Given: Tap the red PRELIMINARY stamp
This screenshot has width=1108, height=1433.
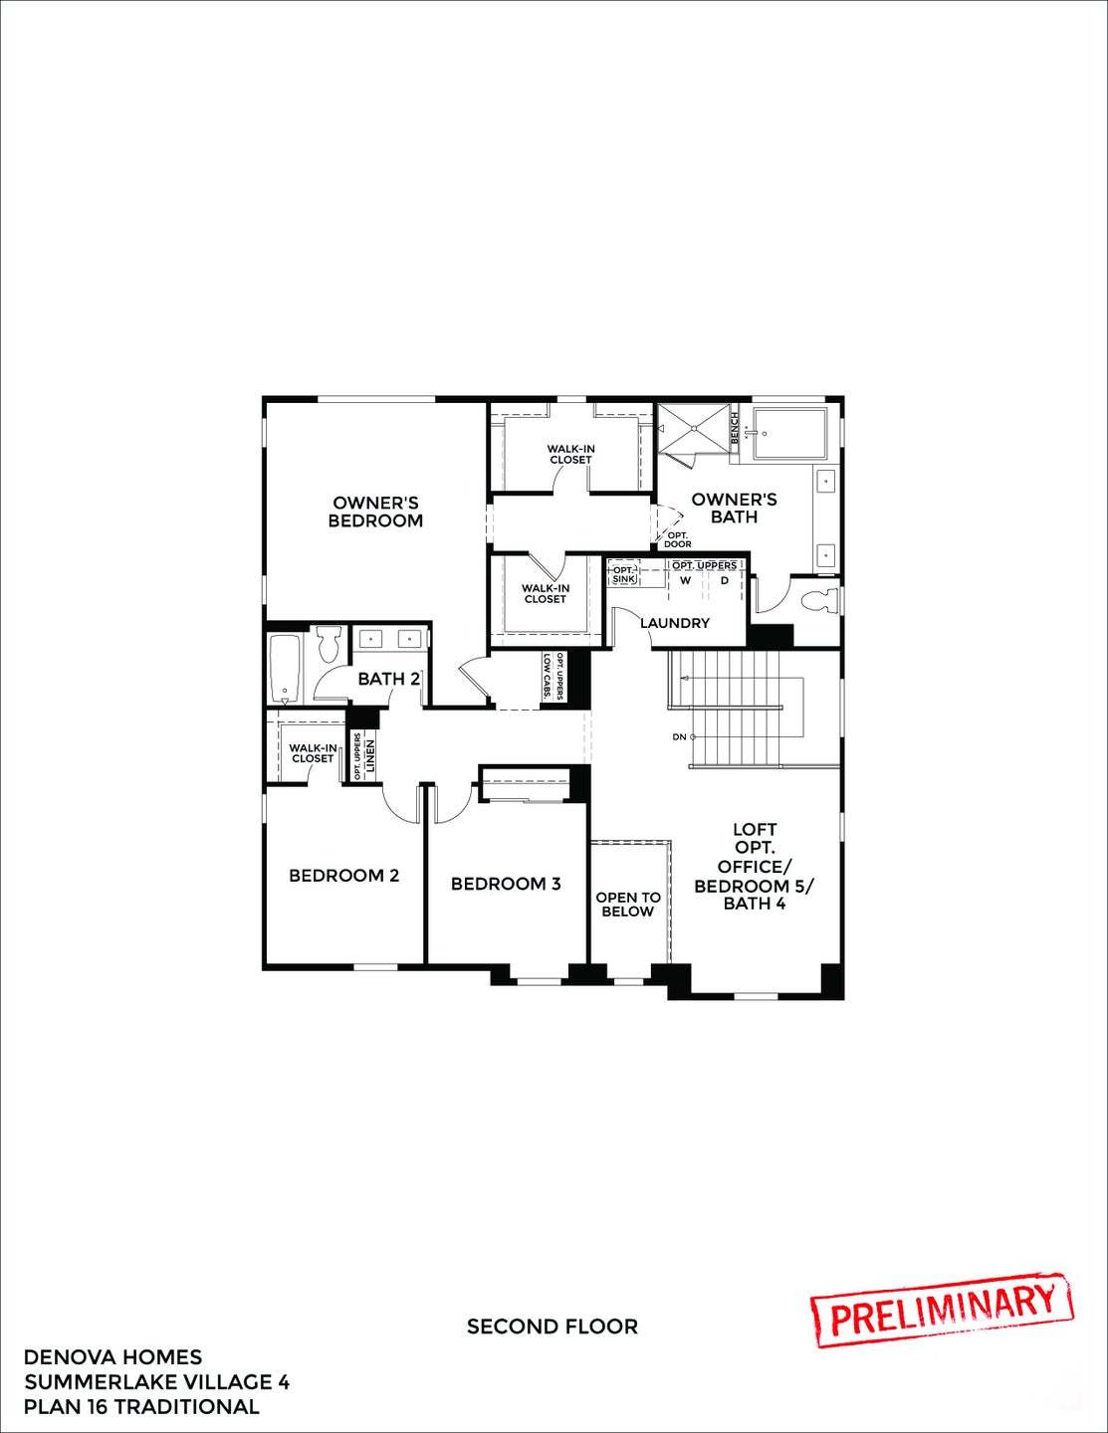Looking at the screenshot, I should tap(942, 1309).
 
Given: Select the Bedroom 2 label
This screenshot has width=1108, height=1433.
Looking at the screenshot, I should tap(343, 876).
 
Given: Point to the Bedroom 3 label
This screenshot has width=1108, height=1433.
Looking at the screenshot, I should tap(506, 884).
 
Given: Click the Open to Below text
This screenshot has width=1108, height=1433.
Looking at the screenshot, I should tap(628, 905).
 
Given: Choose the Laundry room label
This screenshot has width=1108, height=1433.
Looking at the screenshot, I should tap(675, 623).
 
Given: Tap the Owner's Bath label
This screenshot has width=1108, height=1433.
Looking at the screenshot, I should tap(734, 508).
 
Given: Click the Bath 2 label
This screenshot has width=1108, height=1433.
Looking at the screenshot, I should tap(388, 679).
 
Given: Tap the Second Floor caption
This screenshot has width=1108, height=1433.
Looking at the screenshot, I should tap(553, 1327).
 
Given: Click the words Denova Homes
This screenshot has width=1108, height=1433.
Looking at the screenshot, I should tap(112, 1357).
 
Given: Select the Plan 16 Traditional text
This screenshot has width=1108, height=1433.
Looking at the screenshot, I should tap(141, 1407).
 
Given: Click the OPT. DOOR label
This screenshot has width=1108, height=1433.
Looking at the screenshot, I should tap(678, 540).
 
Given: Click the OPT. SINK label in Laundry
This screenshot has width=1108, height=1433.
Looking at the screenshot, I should tap(623, 574).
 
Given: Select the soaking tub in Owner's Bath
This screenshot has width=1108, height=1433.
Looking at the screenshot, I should tap(790, 434).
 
